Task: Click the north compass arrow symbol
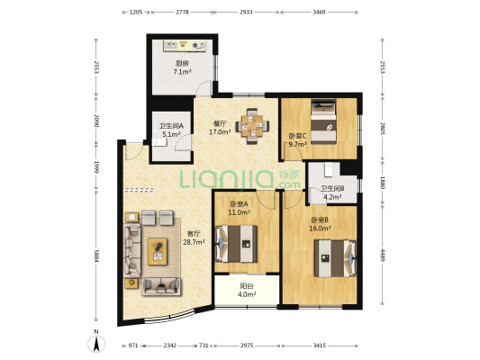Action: pos(96,344)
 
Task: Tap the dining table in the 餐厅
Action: pos(252,126)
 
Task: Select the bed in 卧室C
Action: pos(323,121)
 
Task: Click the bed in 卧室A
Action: pos(237,244)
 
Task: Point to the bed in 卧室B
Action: pos(335,258)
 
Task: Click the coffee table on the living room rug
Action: pos(158,251)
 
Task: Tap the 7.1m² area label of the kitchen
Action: pos(182,72)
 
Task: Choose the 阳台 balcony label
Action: pos(247,286)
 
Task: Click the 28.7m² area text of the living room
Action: pos(194,242)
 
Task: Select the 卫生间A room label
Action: pos(171,126)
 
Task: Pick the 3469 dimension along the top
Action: pos(319,13)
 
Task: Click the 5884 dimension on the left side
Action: pos(96,256)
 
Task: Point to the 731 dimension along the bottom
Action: pos(204,346)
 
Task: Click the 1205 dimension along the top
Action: pos(136,13)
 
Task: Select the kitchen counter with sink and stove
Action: pos(185,46)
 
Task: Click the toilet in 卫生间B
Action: pos(329,169)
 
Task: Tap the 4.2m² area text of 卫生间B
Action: pos(332,197)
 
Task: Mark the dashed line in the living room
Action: pos(139,190)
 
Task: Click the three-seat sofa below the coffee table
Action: pos(161,286)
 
